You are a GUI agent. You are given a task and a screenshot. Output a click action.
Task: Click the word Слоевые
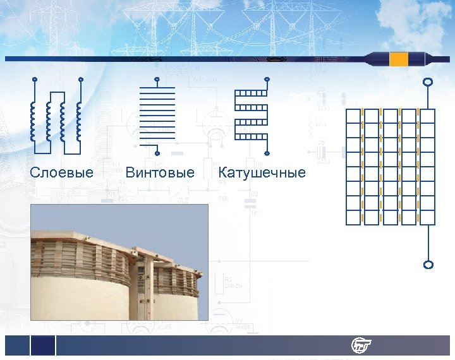(x=62, y=172)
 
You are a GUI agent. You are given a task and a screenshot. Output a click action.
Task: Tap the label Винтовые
(x=160, y=172)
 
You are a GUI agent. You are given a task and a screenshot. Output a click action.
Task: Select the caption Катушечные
(x=262, y=172)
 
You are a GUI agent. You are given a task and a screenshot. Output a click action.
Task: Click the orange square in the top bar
(x=399, y=59)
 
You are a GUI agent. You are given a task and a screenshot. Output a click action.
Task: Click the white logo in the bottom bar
(x=361, y=345)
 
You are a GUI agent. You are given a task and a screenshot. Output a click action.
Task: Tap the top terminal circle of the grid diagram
(x=428, y=82)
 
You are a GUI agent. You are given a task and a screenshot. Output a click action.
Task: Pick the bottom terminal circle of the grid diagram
(x=428, y=265)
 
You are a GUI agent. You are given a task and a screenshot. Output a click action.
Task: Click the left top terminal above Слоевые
(x=34, y=80)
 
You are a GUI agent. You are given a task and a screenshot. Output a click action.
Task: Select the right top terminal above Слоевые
(x=80, y=80)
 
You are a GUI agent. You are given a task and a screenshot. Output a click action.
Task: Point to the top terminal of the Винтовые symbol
(x=157, y=80)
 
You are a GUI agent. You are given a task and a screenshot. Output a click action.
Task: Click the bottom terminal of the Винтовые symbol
(x=157, y=153)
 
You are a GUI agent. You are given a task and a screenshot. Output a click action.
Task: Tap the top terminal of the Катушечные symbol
(x=267, y=80)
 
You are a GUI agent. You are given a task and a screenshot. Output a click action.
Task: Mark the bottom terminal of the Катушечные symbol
(x=267, y=153)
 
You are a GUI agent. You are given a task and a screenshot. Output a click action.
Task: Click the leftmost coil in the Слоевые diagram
(x=33, y=120)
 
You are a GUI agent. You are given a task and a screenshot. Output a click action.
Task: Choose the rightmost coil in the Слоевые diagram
(x=79, y=120)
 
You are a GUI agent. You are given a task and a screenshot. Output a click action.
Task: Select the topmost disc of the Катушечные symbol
(x=251, y=93)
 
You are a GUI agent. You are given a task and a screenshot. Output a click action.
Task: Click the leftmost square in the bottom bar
(x=17, y=345)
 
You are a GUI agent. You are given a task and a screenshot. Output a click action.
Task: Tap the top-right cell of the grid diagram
(x=428, y=116)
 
